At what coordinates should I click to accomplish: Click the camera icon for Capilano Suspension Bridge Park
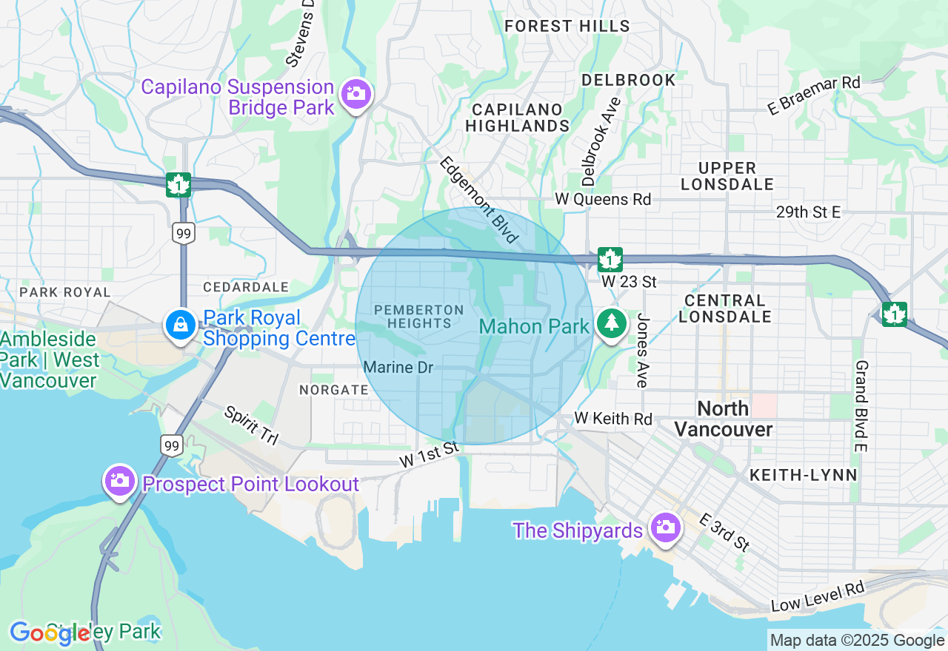click(356, 94)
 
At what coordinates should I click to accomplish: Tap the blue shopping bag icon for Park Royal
click(180, 325)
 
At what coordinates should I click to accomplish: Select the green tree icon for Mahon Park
click(611, 324)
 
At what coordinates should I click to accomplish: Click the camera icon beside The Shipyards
click(664, 527)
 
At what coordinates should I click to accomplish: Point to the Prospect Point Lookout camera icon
click(119, 481)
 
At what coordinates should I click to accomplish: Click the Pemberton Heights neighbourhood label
click(419, 317)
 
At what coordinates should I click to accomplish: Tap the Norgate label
click(333, 389)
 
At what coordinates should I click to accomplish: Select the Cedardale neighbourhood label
click(246, 286)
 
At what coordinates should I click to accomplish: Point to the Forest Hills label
click(567, 27)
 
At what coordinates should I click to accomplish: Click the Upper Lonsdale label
click(727, 176)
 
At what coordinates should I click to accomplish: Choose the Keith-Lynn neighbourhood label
click(803, 475)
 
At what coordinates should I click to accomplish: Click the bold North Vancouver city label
click(724, 419)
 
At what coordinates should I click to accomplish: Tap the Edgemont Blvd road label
click(478, 200)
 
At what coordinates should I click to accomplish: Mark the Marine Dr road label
click(398, 367)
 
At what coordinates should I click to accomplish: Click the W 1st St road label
click(430, 454)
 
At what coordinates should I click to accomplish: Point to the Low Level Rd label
click(818, 597)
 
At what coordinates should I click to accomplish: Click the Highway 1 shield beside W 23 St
click(610, 260)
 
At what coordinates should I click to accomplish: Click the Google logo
click(49, 633)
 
